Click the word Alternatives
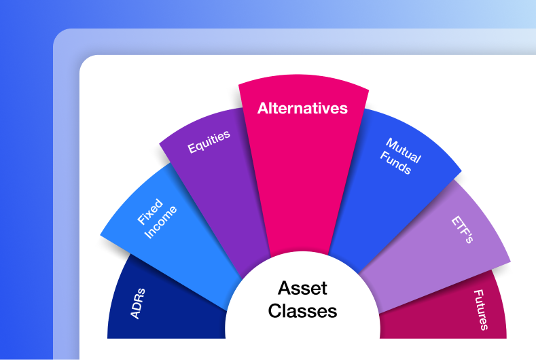302,108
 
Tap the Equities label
209,141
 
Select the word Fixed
149,211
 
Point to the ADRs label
137,303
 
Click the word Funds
397,164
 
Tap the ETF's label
462,230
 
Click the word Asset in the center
302,288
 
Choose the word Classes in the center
302,311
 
